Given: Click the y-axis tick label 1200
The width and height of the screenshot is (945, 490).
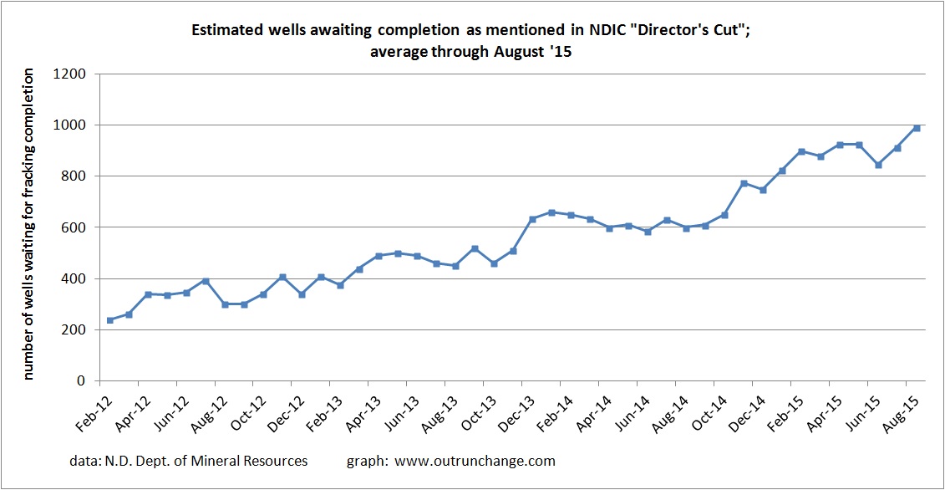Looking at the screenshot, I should click(71, 74).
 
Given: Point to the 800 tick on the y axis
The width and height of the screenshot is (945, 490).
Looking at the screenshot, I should click(75, 176).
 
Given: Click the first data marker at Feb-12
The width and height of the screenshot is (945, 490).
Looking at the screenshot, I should click(109, 320).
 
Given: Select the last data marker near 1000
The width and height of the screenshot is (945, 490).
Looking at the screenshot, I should click(917, 128).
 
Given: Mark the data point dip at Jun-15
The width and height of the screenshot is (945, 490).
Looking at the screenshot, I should click(878, 165).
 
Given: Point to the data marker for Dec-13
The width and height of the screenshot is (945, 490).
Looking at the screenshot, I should click(531, 219).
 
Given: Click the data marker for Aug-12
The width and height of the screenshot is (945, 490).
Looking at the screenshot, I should click(225, 304).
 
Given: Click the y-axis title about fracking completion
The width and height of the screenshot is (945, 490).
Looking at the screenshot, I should click(28, 225).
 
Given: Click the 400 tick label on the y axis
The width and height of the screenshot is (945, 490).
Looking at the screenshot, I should click(75, 279).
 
